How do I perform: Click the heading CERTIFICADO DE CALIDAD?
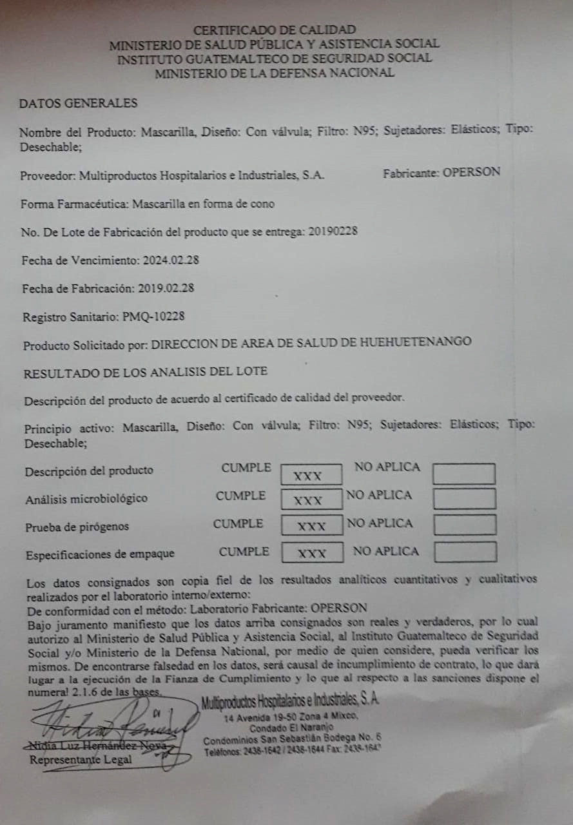275,30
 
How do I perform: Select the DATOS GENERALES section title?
78,103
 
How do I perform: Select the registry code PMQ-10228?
170,316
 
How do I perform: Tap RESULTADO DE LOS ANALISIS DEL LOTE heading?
146,372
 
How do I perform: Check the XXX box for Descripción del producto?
311,475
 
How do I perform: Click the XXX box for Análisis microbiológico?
311,500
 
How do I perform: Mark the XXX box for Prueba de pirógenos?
312,525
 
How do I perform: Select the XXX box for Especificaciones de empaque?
312,552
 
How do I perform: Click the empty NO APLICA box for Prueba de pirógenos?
465,525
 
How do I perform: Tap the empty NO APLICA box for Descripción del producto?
464,474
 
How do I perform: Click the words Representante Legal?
81,759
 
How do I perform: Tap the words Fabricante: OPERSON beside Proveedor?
442,173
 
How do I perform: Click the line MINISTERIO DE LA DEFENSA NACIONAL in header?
275,73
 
